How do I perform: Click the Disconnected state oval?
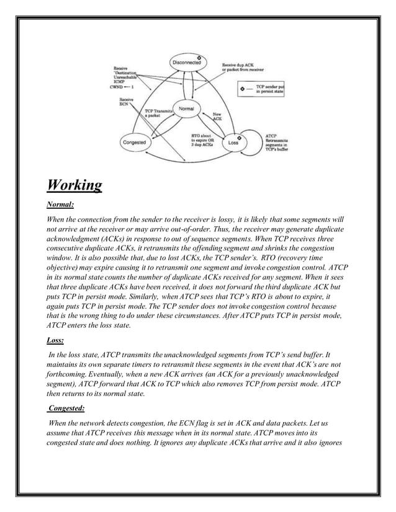(187, 62)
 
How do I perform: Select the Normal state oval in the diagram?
(186, 108)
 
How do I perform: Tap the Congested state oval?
(135, 142)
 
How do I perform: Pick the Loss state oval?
(233, 142)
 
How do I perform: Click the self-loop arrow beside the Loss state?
(256, 141)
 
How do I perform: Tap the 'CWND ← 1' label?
(122, 87)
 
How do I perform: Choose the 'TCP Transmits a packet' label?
(150, 113)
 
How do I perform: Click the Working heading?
(74, 185)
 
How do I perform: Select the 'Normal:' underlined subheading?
(61, 205)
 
